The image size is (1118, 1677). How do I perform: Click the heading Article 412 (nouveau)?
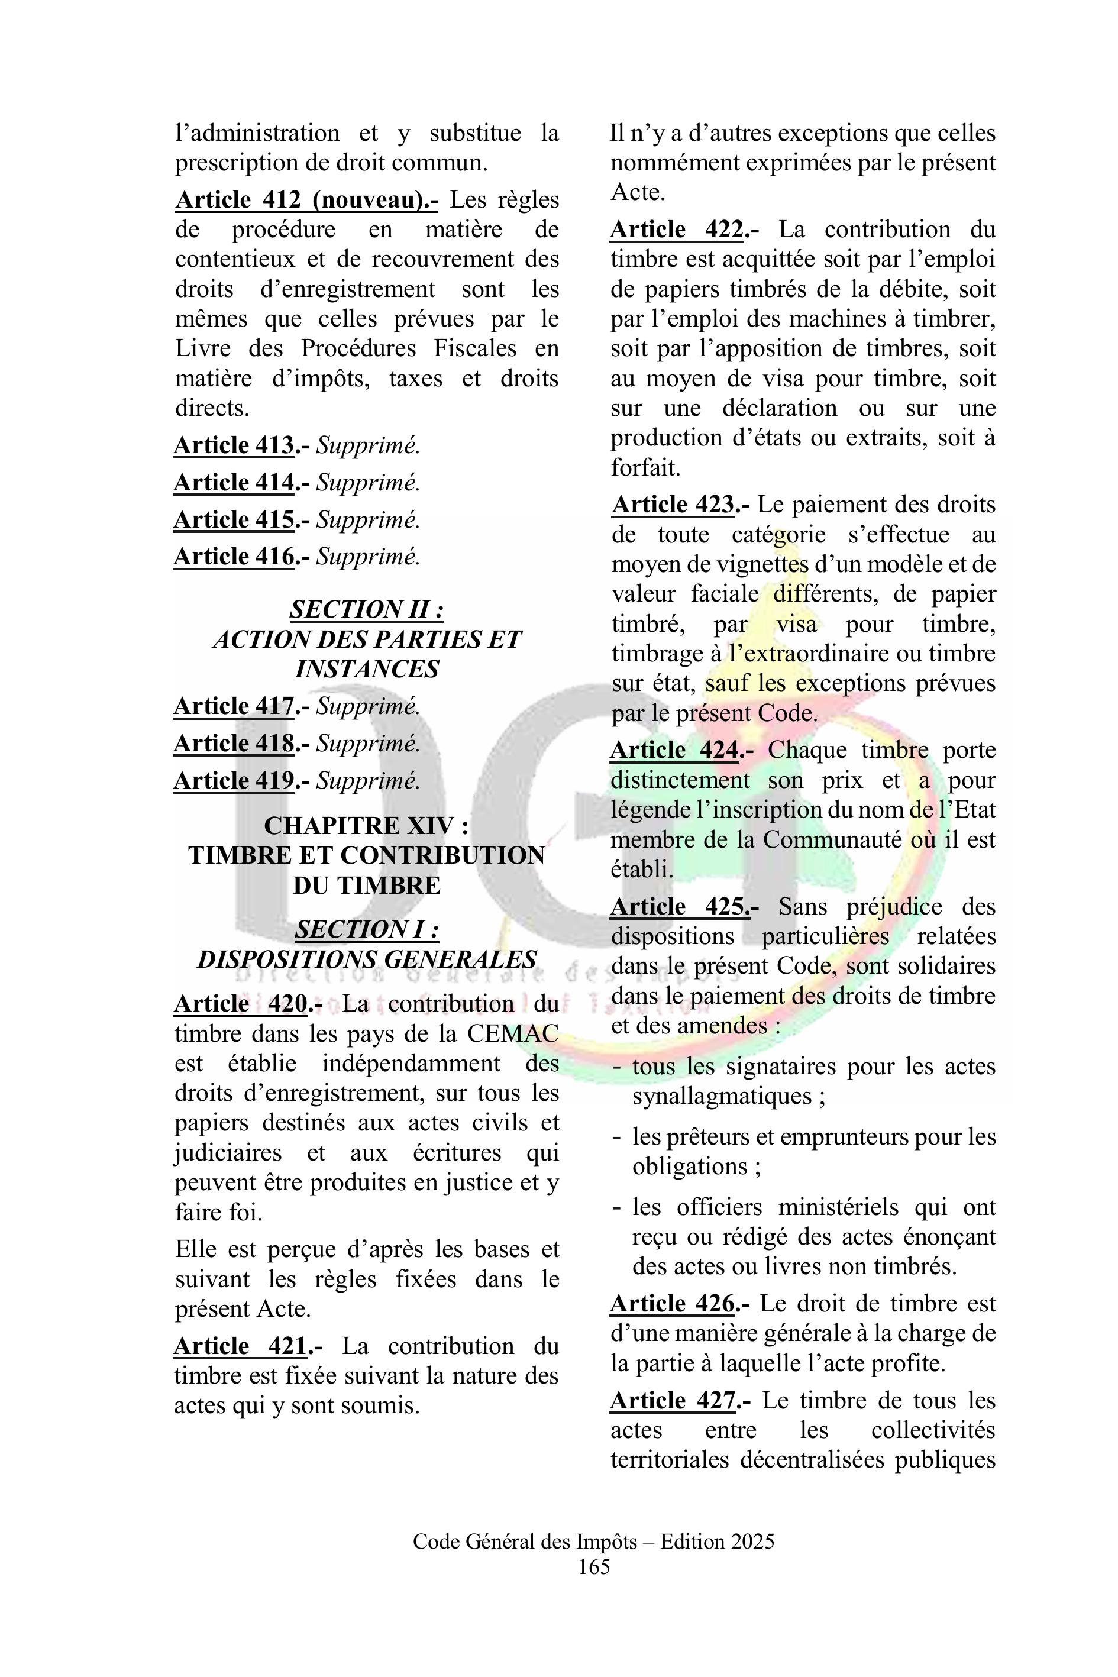click(306, 201)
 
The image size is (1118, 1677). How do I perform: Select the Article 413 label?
click(234, 445)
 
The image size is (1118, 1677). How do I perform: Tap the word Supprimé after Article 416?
click(368, 556)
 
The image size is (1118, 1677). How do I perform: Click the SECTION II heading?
click(367, 610)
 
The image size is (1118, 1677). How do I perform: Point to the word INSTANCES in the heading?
click(367, 669)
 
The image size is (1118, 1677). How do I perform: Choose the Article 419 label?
click(234, 781)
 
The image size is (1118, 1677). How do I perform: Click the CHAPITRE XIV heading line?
click(367, 826)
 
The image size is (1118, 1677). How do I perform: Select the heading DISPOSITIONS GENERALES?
click(367, 959)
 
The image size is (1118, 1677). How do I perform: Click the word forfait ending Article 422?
click(645, 468)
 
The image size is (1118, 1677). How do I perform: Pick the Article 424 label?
click(674, 751)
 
